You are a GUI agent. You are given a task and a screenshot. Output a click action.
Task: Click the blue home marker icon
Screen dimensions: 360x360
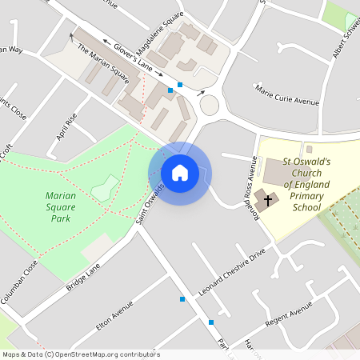(180, 173)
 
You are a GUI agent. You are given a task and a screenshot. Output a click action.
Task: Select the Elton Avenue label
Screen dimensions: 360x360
(114, 315)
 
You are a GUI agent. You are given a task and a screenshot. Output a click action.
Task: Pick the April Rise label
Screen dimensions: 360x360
(66, 126)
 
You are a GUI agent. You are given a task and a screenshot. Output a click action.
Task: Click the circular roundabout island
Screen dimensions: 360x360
(210, 105)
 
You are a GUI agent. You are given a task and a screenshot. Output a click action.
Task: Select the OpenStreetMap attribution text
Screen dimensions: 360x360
(81, 354)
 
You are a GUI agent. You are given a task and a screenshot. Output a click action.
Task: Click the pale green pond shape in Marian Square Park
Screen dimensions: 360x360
(102, 190)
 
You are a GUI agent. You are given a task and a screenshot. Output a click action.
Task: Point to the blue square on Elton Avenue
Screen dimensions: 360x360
(183, 299)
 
